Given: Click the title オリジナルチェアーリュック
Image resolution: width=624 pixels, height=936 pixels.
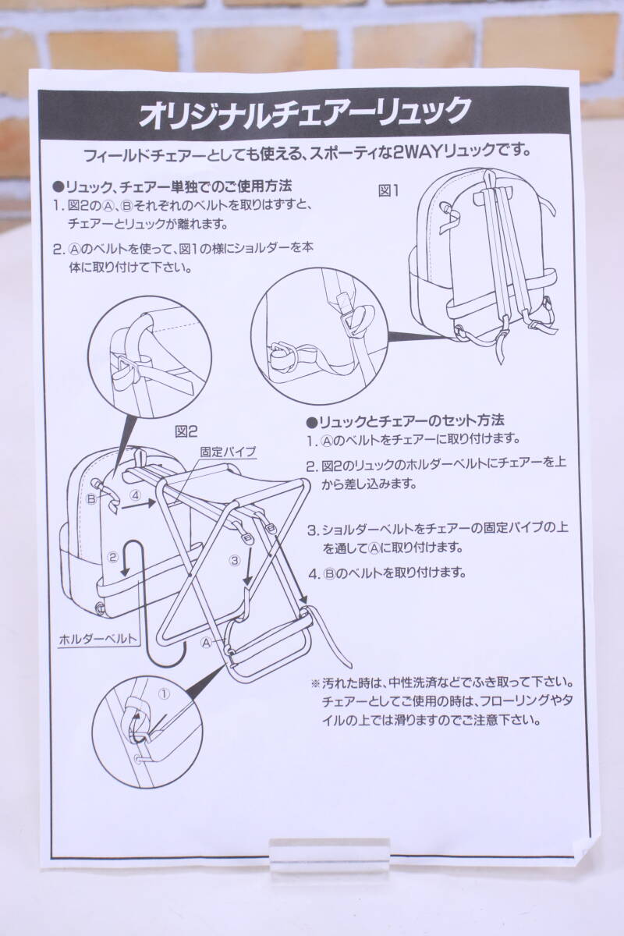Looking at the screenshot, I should click(x=304, y=112).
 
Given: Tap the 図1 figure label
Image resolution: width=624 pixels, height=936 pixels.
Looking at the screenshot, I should click(x=389, y=190).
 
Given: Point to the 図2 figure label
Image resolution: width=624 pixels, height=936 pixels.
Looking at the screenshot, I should click(x=188, y=430).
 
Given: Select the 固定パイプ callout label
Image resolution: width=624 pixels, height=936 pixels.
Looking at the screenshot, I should click(x=228, y=451).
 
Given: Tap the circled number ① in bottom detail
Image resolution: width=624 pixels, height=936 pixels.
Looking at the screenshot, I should click(x=164, y=692).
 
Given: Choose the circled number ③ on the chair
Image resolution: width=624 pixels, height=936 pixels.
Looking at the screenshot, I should click(x=233, y=559).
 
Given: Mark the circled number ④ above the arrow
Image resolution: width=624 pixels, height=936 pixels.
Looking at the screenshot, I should click(x=134, y=495).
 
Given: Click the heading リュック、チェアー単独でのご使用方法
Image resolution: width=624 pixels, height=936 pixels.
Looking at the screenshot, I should click(x=172, y=187).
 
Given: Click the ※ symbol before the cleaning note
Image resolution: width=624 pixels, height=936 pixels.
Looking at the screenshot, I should click(x=315, y=682).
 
